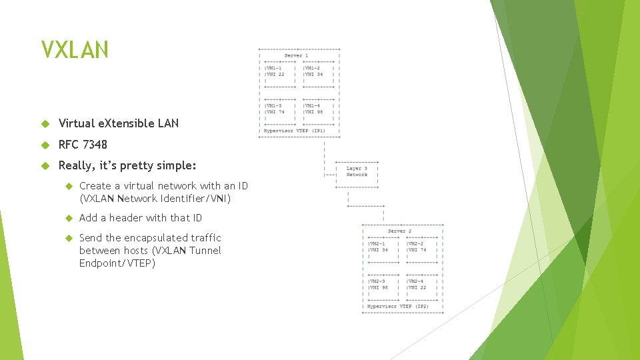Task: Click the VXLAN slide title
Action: pos(74,50)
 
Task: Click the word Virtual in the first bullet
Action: pos(75,123)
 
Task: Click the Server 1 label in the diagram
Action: pos(297,55)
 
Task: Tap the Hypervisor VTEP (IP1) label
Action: pos(295,131)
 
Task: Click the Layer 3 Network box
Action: pos(357,171)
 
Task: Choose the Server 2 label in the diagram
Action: pos(400,231)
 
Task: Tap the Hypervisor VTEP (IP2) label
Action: pos(399,306)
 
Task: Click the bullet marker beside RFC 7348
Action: pos(45,145)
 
